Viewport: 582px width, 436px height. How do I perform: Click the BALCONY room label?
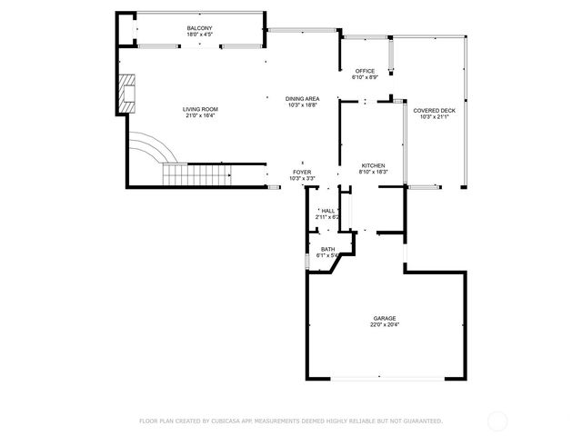pos(200,28)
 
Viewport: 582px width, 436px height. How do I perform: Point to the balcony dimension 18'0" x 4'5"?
pos(200,35)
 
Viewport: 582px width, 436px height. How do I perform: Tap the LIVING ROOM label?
pos(200,109)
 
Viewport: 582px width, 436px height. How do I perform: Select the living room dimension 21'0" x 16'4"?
pos(200,115)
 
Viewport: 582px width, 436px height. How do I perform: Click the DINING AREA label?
pos(302,98)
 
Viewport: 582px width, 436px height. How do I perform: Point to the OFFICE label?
pos(365,71)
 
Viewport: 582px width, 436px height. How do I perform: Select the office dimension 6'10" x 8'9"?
pos(365,77)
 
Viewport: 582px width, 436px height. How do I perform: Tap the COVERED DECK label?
pos(433,110)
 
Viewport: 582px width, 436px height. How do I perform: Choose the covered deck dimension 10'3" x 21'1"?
pos(433,116)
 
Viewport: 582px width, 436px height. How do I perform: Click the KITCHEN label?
pos(374,164)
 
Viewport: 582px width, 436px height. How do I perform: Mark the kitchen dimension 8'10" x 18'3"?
pos(374,171)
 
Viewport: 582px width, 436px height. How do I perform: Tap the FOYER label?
pos(301,172)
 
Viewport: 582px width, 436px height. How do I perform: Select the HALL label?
pos(328,211)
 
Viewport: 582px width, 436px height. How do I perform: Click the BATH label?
pos(327,249)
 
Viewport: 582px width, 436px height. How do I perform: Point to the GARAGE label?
pos(383,318)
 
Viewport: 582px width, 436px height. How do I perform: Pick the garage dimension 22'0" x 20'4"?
pos(383,324)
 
